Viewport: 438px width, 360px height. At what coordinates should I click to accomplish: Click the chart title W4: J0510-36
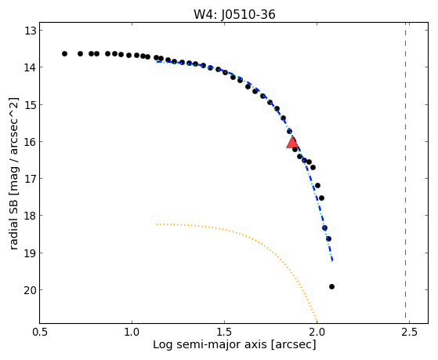(234, 15)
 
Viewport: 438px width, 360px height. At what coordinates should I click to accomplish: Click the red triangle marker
(292, 142)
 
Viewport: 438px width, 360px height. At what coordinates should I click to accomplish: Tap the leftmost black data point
(64, 53)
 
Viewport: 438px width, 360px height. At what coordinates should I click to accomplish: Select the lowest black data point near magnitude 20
(331, 286)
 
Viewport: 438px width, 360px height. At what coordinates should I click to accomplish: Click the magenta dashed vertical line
(405, 173)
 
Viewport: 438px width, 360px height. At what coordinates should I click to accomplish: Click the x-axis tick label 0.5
(39, 332)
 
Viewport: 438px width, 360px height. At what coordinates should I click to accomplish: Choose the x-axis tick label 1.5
(224, 332)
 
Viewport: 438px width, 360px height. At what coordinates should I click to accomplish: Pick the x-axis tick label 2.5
(409, 332)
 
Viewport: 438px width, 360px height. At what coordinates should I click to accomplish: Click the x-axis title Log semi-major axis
(210, 344)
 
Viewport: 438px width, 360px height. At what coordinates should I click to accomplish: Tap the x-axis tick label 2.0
(317, 332)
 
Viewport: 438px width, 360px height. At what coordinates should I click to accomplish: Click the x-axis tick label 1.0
(132, 332)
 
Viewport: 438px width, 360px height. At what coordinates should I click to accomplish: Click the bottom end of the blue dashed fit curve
(332, 261)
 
